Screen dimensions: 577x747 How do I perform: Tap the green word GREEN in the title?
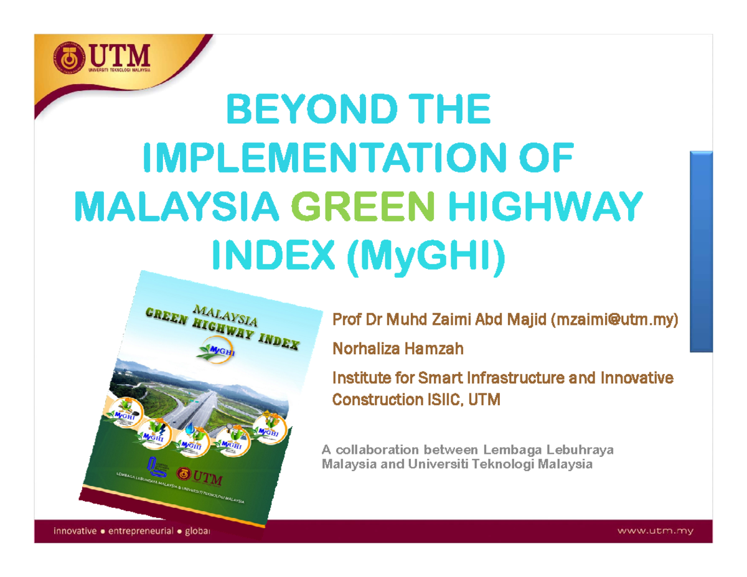[x=358, y=205]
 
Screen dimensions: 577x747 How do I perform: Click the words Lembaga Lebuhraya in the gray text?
[x=548, y=450]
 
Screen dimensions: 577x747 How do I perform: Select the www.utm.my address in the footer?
[x=655, y=531]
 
